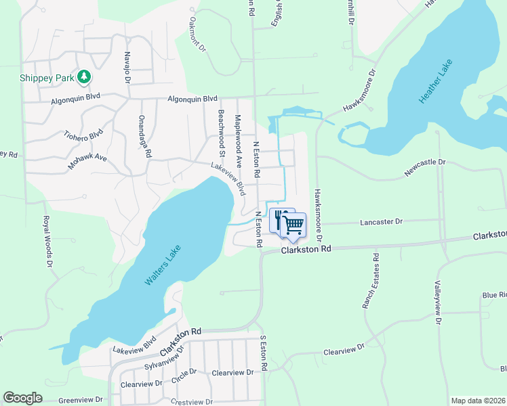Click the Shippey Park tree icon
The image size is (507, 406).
(x=84, y=77)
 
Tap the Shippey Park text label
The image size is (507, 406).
(x=46, y=78)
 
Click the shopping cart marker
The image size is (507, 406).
(x=293, y=227)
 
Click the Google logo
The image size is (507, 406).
(x=22, y=398)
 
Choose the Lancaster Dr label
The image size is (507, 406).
(x=381, y=221)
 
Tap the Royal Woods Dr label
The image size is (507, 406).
(x=48, y=241)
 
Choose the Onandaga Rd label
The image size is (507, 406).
(x=144, y=136)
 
